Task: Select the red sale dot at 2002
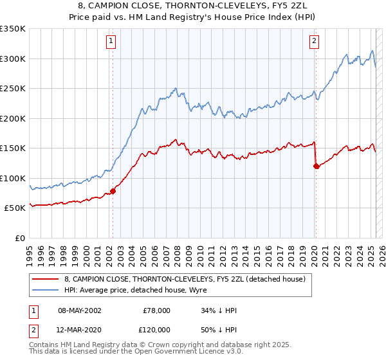pyautogui.click(x=113, y=191)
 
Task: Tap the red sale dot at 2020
pyautogui.click(x=316, y=166)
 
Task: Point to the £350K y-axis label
pyautogui.click(x=13, y=29)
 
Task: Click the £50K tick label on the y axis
pyautogui.click(x=15, y=208)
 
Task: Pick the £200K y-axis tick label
pyautogui.click(x=13, y=118)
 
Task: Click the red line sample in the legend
pyautogui.click(x=46, y=278)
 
